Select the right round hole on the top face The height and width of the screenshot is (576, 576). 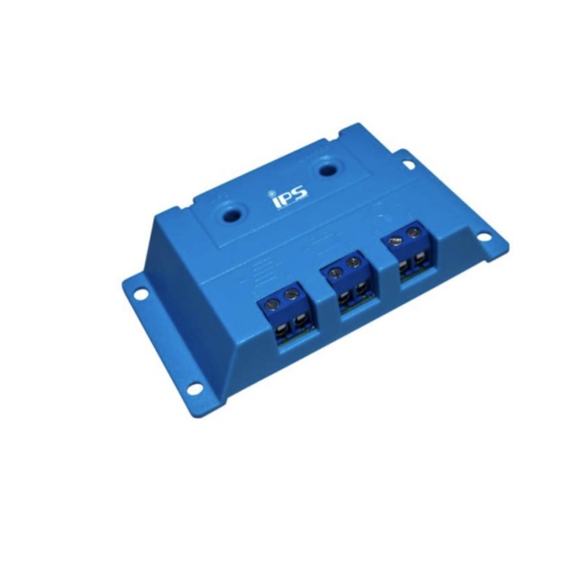[x=326, y=170]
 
